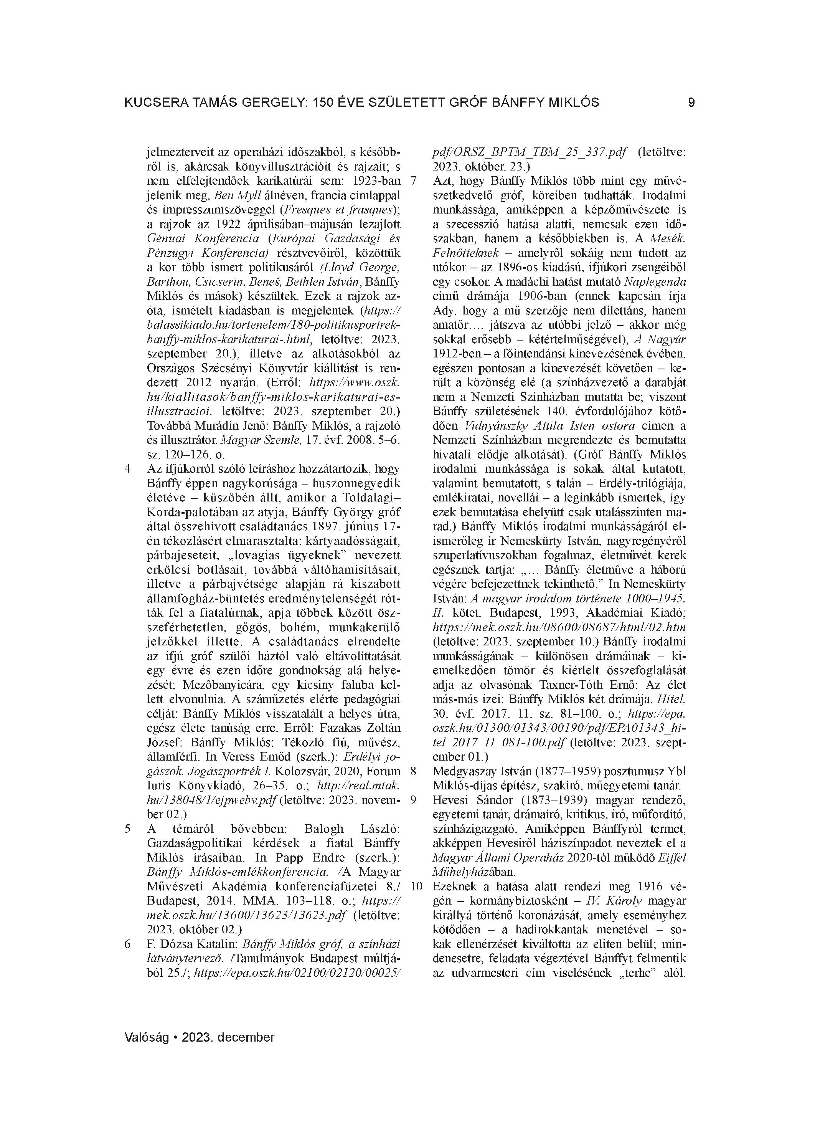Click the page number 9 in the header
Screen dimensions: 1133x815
click(x=691, y=103)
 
